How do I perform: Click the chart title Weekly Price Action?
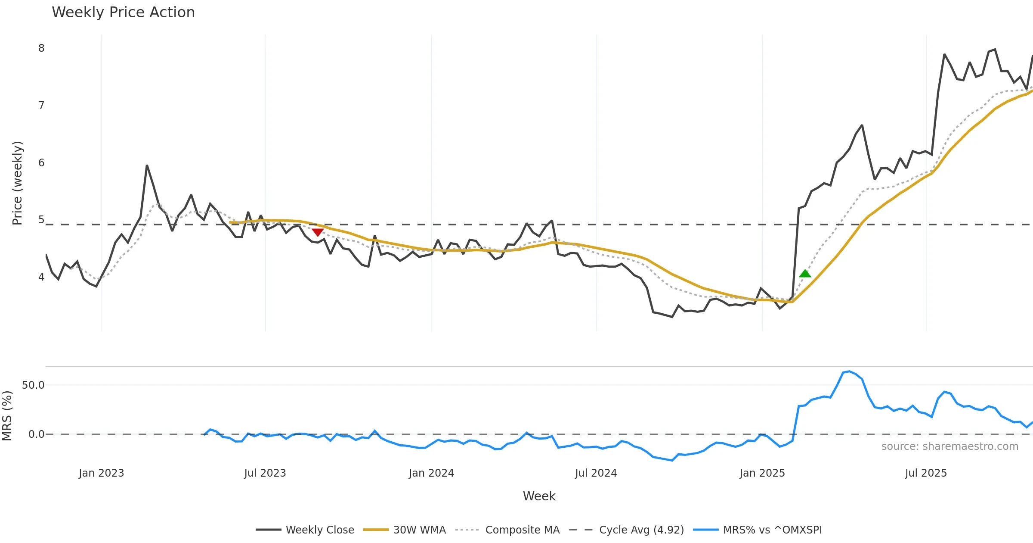123,12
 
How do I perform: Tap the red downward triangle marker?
318,232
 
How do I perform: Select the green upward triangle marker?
805,274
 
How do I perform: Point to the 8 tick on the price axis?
41,48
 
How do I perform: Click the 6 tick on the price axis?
41,163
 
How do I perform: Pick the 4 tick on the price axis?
41,277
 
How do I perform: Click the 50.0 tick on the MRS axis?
33,385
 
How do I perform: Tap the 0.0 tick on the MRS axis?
36,434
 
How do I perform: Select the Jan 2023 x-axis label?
101,473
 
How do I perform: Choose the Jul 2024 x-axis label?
596,473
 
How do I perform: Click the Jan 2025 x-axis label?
762,473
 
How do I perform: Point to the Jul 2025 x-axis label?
926,473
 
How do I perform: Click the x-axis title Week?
539,496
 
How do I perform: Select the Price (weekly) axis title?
17,183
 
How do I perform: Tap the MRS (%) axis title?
7,416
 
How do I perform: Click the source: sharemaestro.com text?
949,446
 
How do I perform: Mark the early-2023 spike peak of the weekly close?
147,165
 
